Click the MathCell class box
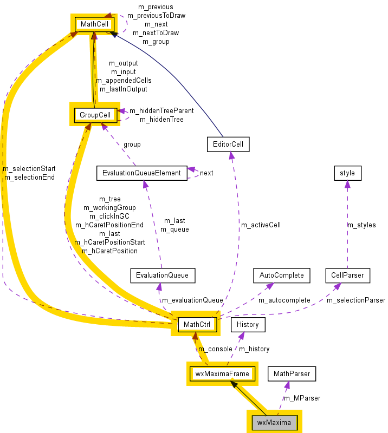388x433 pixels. [x=95, y=24]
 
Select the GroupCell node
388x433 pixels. [x=95, y=115]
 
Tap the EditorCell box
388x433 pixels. [x=228, y=144]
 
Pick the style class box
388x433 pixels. [x=347, y=173]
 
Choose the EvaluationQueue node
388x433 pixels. [x=162, y=275]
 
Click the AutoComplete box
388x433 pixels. [x=281, y=275]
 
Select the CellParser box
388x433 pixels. [x=347, y=275]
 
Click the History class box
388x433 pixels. [x=248, y=324]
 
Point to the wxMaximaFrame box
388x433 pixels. [x=222, y=373]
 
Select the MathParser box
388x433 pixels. [x=292, y=373]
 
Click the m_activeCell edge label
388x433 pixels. [x=261, y=225]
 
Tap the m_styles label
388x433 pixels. [x=361, y=225]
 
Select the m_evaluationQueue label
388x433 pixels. [x=192, y=300]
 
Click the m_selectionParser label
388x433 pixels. [x=355, y=300]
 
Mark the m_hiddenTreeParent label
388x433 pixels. [x=161, y=110]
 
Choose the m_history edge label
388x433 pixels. [x=254, y=349]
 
